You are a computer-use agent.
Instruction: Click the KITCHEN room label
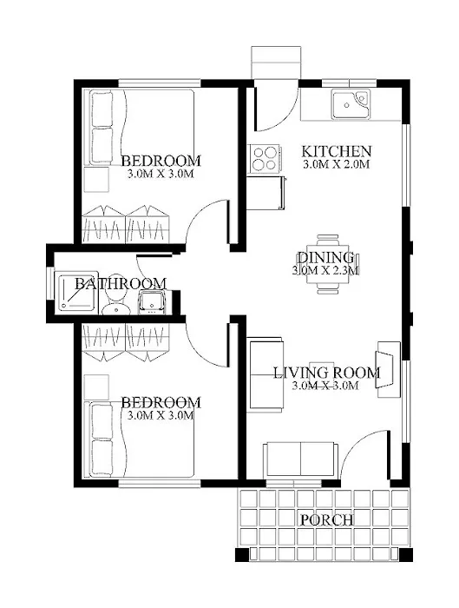(x=337, y=150)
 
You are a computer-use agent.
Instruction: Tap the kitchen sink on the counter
(x=351, y=104)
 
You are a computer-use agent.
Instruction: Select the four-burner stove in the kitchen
(x=266, y=158)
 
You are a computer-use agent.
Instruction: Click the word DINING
(x=325, y=258)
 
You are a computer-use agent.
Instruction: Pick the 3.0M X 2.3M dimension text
(x=325, y=271)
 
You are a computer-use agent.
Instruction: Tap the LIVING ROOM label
(x=326, y=373)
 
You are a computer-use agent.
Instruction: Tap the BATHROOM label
(x=120, y=284)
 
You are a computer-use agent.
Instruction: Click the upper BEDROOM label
(x=161, y=161)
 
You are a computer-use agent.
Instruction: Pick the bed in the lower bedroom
(x=139, y=439)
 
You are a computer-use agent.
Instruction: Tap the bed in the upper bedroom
(x=139, y=128)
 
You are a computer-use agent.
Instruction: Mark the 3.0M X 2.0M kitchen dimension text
(x=337, y=164)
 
